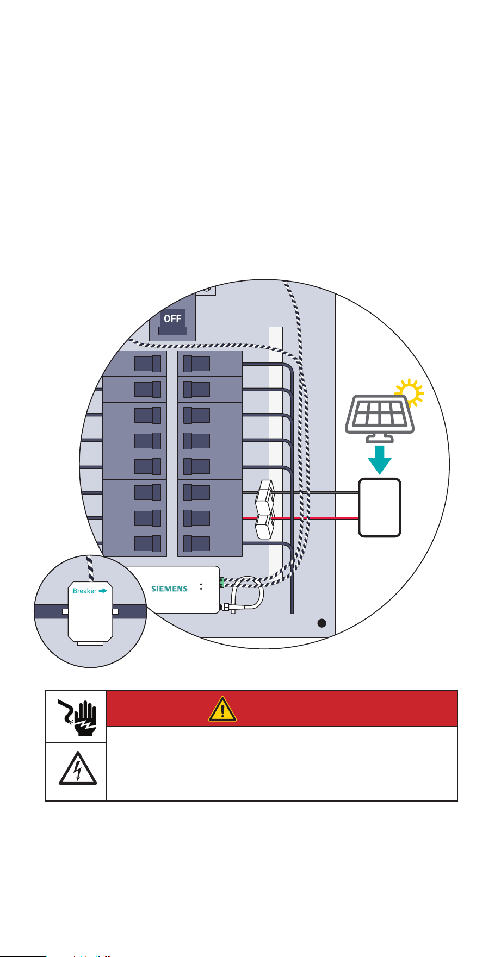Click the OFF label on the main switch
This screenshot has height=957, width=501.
(x=172, y=318)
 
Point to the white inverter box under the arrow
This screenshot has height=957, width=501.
(x=380, y=508)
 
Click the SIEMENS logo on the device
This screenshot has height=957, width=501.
(x=169, y=589)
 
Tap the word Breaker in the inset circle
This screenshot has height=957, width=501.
(x=84, y=591)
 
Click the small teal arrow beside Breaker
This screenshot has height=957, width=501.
(x=102, y=591)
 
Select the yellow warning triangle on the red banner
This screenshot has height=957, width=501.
(x=222, y=708)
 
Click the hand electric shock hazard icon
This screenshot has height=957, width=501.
(x=76, y=716)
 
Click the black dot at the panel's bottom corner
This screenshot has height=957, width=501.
(x=321, y=623)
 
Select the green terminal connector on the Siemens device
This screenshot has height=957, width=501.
(x=221, y=582)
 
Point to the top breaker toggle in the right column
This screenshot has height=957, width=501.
(x=196, y=363)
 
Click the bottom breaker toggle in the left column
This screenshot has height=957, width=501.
(x=147, y=544)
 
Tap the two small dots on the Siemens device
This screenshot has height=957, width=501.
(x=201, y=587)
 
